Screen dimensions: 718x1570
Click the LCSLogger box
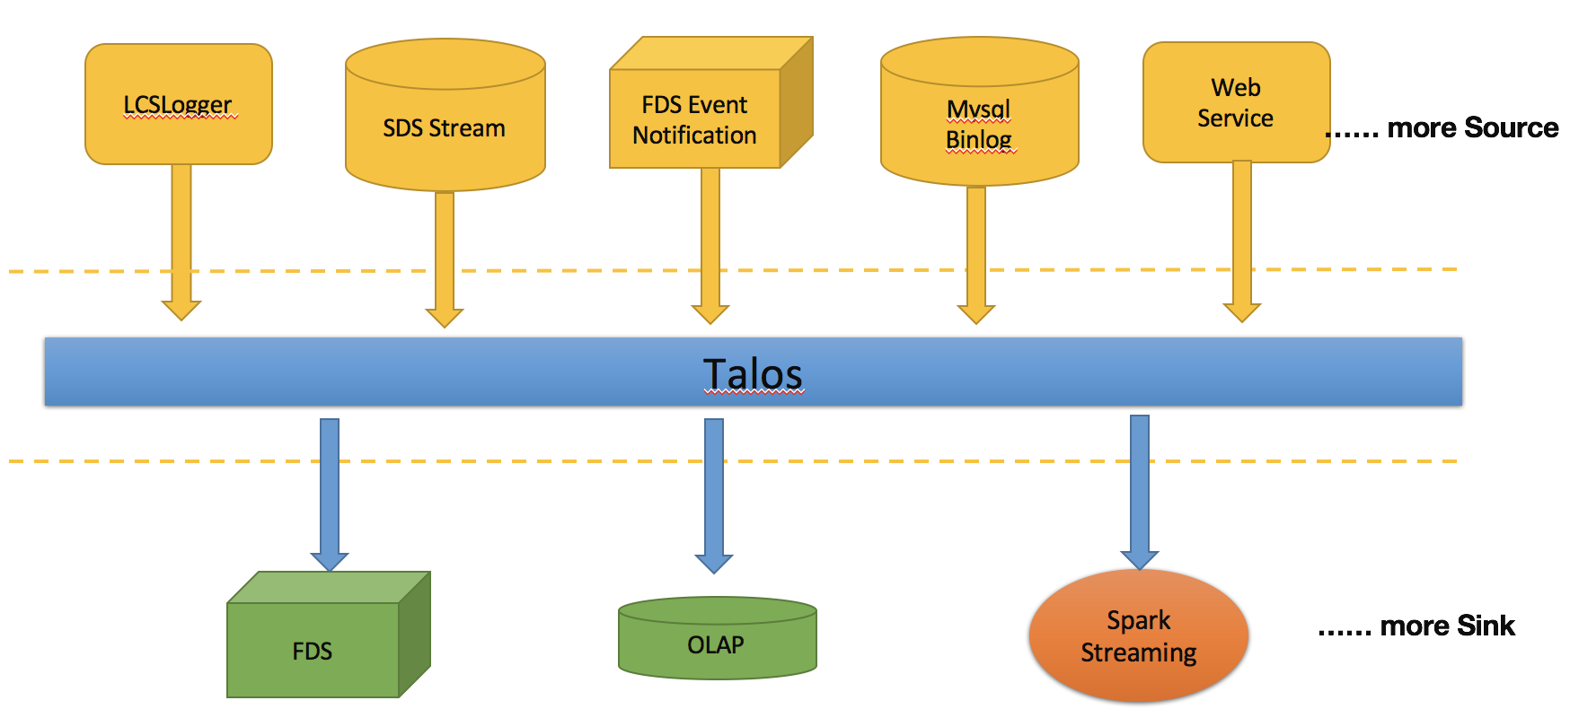[x=179, y=104]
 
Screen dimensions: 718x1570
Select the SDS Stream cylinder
[x=445, y=127]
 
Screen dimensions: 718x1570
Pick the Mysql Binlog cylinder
[x=979, y=124]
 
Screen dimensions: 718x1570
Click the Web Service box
[x=1236, y=102]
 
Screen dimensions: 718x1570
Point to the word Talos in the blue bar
[x=753, y=373]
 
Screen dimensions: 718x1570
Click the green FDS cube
[x=313, y=650]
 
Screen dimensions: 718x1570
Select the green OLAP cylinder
[x=717, y=644]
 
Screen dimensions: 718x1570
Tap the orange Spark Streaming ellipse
[x=1138, y=635]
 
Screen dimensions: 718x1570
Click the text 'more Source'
[x=1473, y=127]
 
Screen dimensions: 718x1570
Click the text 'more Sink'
[x=1447, y=626]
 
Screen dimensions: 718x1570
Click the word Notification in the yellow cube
[x=694, y=136]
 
